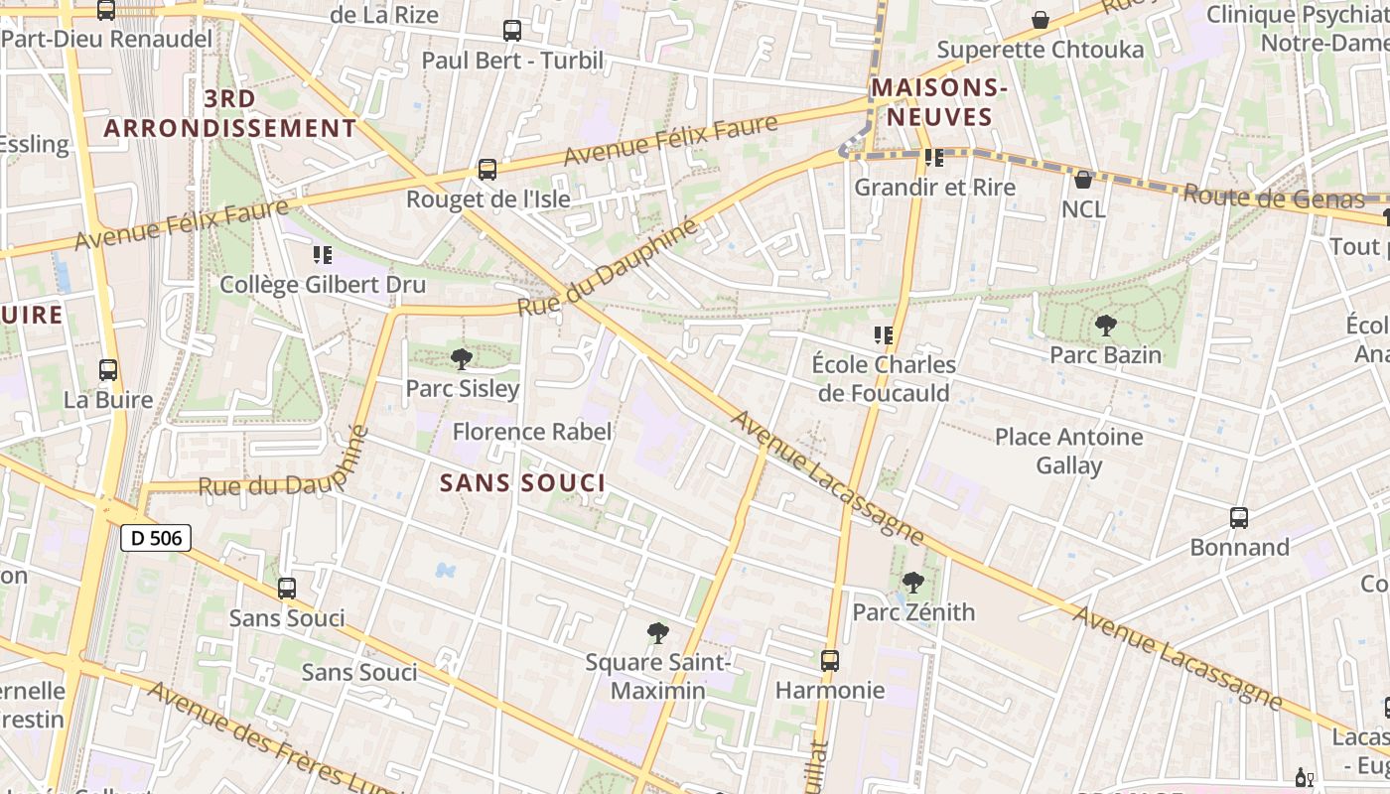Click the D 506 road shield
[x=156, y=538]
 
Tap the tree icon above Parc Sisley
[x=461, y=359]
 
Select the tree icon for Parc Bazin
[x=1105, y=325]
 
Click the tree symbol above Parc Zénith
[x=913, y=583]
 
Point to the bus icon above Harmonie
[x=830, y=660]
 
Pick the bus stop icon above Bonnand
[x=1239, y=517]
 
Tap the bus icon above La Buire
[x=108, y=370]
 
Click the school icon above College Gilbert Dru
[x=322, y=255]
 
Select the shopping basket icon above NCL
[x=1083, y=180]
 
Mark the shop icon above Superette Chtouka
[x=1041, y=20]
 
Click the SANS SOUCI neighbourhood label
[x=522, y=483]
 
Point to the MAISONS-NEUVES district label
[x=939, y=102]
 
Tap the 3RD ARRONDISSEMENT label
[x=230, y=113]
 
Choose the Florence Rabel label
[x=532, y=432]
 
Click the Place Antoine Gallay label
[x=1069, y=451]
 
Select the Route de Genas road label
[x=1273, y=197]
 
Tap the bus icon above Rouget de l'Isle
[x=487, y=170]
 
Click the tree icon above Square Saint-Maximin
[x=657, y=632]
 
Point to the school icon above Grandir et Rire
[x=933, y=157]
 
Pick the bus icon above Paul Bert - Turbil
[x=512, y=31]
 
